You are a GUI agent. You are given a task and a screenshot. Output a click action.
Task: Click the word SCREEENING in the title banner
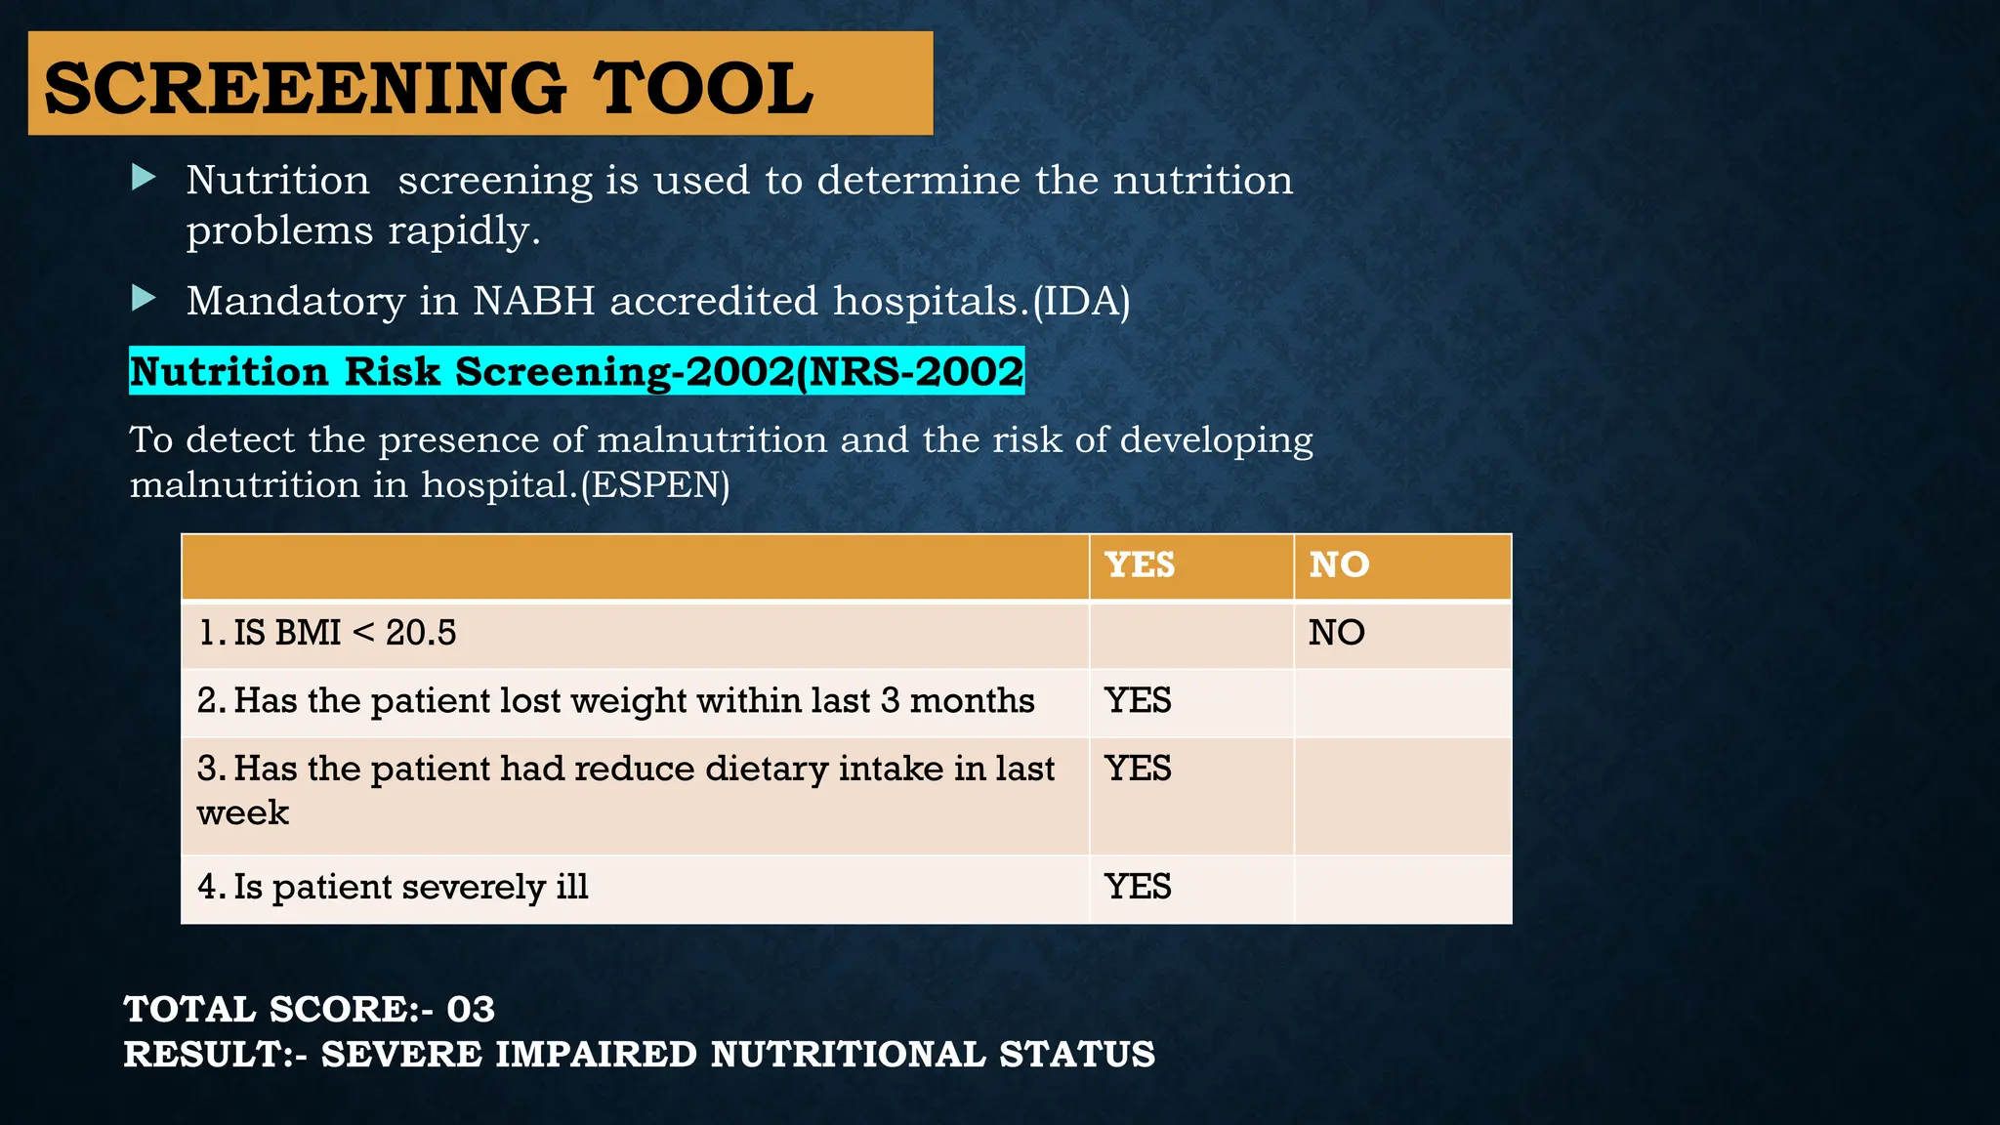tap(305, 88)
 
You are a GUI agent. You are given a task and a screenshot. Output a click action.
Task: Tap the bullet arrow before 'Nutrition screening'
tap(144, 178)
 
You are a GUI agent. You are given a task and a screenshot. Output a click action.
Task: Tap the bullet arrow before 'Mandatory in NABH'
tap(144, 299)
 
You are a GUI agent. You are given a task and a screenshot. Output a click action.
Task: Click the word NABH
tap(533, 301)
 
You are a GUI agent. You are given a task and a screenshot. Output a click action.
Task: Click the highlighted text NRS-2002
tap(916, 372)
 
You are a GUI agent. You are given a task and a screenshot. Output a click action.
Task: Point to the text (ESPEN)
tap(655, 484)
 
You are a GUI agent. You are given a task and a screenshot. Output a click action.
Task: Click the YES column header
tap(1140, 565)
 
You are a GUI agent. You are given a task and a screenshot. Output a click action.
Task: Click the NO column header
tap(1339, 565)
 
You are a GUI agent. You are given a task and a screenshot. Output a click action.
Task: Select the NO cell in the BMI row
tap(1337, 633)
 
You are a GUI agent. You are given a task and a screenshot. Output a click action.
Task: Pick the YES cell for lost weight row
tap(1138, 701)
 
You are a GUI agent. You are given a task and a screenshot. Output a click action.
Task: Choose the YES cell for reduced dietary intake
tap(1138, 769)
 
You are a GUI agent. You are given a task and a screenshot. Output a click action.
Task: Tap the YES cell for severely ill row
tap(1138, 887)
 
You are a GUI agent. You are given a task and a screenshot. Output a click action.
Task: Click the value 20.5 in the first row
tap(421, 633)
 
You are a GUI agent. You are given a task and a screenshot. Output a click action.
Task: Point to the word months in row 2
tap(972, 701)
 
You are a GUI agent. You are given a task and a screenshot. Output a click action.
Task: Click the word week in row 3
tap(243, 812)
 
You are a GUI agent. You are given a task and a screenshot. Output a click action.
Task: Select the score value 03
tap(471, 1010)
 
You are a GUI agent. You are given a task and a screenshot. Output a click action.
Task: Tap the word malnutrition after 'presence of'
tap(712, 440)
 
